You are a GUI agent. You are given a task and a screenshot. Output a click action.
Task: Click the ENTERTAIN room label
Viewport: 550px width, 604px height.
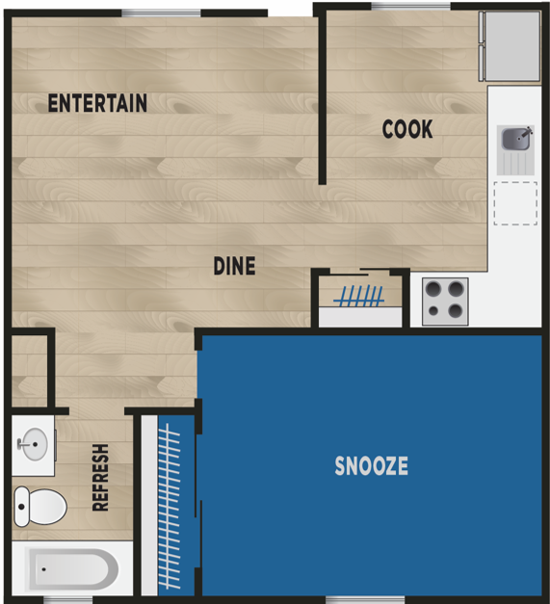click(x=97, y=103)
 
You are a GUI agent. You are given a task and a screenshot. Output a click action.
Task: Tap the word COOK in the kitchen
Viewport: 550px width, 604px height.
click(x=407, y=128)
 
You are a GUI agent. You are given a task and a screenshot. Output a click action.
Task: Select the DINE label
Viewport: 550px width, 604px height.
click(x=234, y=265)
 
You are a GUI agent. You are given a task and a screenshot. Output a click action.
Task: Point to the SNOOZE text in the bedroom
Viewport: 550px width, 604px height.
click(x=371, y=466)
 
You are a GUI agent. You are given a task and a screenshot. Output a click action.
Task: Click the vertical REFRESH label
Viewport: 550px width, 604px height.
click(x=99, y=478)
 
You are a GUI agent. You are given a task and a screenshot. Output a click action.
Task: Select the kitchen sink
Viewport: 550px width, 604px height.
click(x=514, y=141)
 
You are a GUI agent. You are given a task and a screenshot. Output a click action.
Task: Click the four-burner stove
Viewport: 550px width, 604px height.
click(x=445, y=299)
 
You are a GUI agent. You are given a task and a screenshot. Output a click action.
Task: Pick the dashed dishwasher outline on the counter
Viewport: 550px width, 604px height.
click(x=514, y=202)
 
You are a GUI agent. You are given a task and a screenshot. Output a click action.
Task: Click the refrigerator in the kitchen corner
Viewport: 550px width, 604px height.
click(x=511, y=46)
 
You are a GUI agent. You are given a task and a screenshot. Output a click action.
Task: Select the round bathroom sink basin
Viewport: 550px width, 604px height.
click(x=32, y=445)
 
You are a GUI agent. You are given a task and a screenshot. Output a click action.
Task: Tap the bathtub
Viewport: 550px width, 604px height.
click(x=71, y=569)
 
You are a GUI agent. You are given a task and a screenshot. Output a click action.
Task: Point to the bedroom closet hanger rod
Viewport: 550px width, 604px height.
click(x=170, y=507)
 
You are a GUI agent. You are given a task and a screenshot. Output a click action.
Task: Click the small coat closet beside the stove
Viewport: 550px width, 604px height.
click(x=360, y=299)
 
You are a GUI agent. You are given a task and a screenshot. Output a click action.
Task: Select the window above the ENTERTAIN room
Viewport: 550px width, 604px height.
click(x=161, y=12)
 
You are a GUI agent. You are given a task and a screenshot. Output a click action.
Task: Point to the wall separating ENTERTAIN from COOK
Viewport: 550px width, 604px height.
click(x=321, y=96)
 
